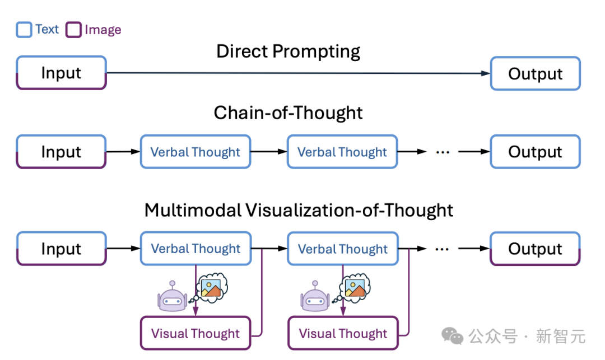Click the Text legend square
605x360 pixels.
point(24,30)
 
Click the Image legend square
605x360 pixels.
point(73,30)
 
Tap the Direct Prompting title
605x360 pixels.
point(288,52)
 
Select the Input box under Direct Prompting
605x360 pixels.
point(61,73)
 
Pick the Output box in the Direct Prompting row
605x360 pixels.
point(535,73)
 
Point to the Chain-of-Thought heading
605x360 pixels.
point(288,113)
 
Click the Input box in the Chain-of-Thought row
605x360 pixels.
point(61,152)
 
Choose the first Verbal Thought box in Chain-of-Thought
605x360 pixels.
point(196,152)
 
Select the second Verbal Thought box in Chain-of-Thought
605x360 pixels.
point(342,152)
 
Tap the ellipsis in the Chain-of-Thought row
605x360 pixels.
point(443,152)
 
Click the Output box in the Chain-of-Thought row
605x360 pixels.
point(535,152)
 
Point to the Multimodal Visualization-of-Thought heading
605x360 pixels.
point(299,211)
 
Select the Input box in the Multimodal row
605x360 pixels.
point(61,249)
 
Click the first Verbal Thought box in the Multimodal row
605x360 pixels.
point(196,249)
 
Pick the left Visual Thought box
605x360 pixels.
point(196,334)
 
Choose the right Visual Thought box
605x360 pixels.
point(343,334)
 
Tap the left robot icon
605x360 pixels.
point(171,297)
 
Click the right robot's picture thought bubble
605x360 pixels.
point(355,288)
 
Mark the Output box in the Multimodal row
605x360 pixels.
point(535,249)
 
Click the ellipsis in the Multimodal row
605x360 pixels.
point(443,249)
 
